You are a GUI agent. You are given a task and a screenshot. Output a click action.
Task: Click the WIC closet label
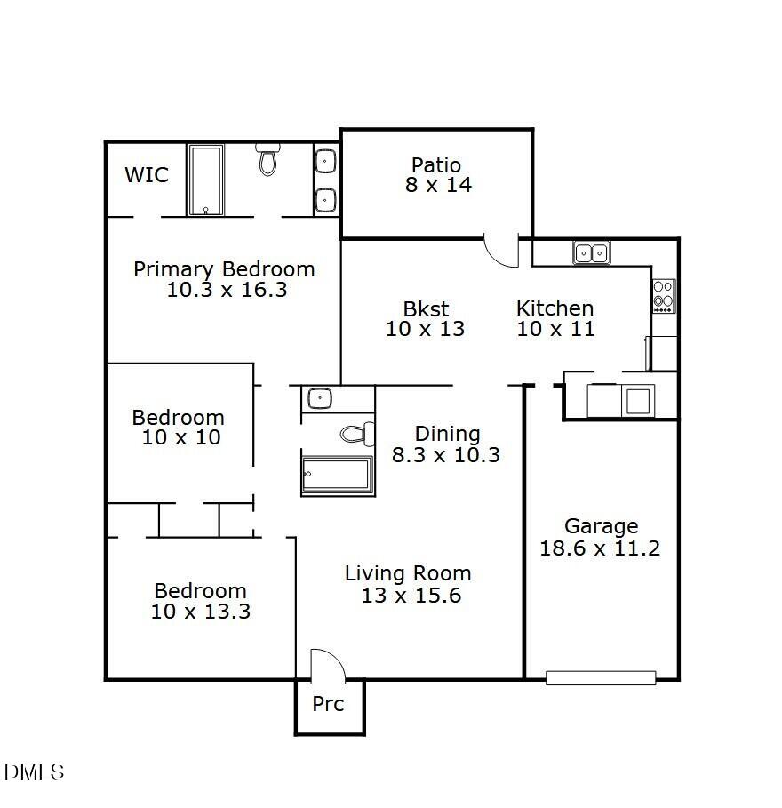coord(147,174)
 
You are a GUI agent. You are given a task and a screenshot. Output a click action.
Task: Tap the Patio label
coord(436,165)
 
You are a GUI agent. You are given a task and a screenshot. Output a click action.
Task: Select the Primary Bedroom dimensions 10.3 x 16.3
coord(227,290)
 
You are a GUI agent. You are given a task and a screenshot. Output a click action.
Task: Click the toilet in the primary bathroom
coord(267,160)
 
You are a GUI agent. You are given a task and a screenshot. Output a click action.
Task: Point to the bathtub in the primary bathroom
coord(205,180)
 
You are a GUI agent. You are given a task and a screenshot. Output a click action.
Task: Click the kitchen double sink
coord(591,253)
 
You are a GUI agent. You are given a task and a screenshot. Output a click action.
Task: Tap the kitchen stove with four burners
coord(664,296)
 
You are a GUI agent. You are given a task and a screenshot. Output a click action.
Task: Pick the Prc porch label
coord(328,704)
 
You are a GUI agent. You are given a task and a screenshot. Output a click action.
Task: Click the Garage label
coord(601,526)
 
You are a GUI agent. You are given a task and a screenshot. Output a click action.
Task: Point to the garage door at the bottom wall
coord(601,678)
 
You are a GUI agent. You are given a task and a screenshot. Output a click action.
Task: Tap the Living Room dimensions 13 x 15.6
coord(411,596)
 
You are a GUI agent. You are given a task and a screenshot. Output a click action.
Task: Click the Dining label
coord(448,434)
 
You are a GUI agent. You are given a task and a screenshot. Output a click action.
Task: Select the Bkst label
coord(427,308)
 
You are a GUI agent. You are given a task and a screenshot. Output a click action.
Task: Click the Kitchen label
coord(555,308)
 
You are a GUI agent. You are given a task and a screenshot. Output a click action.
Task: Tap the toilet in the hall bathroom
coord(357,435)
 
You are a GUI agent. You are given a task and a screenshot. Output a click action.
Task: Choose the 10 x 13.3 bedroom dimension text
coord(201,612)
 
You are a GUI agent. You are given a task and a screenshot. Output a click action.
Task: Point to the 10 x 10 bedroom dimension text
coord(181,437)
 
